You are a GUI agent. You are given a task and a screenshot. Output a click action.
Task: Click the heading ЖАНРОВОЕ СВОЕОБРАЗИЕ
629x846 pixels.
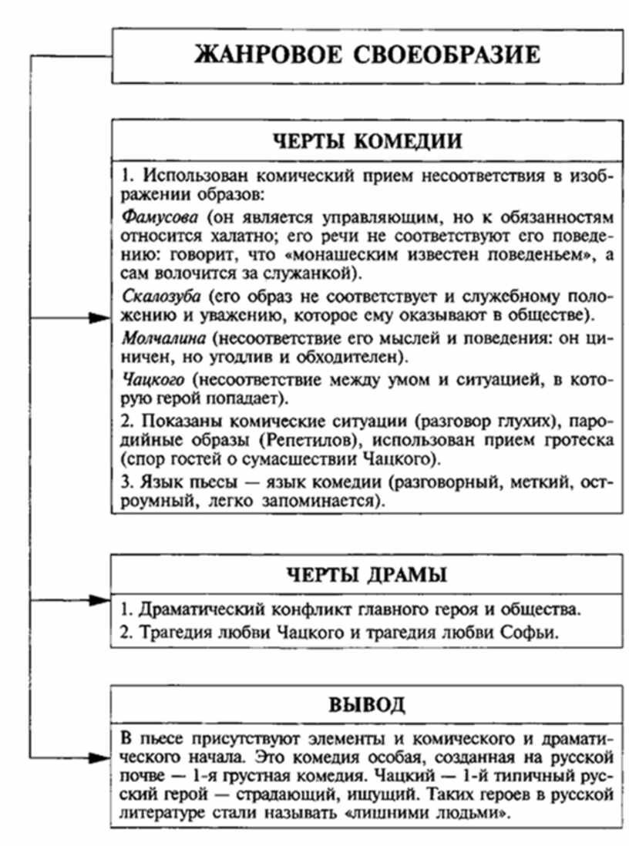367,56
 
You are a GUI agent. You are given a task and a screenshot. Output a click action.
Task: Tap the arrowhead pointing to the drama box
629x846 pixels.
99,599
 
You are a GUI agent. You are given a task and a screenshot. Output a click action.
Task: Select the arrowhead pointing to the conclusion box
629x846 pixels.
99,758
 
